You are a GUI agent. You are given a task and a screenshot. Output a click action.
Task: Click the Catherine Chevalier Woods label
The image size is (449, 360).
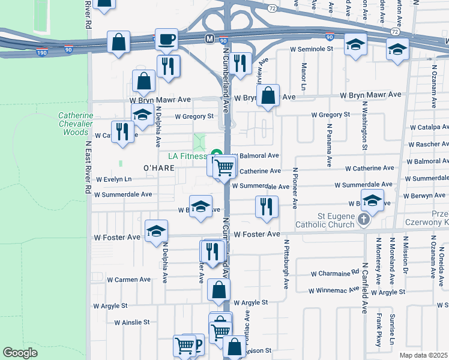tap(76, 124)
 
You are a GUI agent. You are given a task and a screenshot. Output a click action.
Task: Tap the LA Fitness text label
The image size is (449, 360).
tap(188, 156)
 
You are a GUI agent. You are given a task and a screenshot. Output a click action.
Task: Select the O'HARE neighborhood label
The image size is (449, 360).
tap(158, 168)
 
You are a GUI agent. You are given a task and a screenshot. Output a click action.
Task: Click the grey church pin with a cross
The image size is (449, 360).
tap(363, 220)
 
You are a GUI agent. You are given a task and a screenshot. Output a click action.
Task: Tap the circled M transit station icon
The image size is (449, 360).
tap(209, 38)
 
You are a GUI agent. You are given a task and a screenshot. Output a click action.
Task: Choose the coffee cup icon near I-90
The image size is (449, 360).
tap(166, 40)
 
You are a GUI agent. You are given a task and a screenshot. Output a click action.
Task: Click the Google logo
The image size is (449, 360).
tap(20, 352)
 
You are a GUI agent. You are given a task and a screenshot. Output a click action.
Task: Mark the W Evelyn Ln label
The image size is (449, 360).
tap(112, 179)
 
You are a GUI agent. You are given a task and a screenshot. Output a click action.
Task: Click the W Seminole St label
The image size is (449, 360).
tap(311, 49)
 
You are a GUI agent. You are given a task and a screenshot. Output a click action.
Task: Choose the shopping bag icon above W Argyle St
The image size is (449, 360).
tap(218, 290)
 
